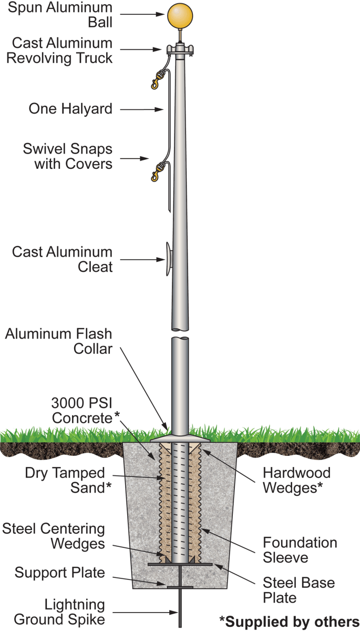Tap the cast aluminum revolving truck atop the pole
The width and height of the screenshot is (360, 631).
click(x=180, y=50)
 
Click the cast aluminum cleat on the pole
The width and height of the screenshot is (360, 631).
click(x=167, y=259)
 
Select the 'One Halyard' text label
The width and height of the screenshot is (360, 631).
click(x=70, y=109)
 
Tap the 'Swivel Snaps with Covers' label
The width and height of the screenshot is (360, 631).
click(x=67, y=156)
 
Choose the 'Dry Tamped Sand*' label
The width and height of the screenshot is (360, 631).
click(x=68, y=480)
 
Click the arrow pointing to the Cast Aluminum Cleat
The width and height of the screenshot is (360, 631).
click(x=141, y=259)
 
